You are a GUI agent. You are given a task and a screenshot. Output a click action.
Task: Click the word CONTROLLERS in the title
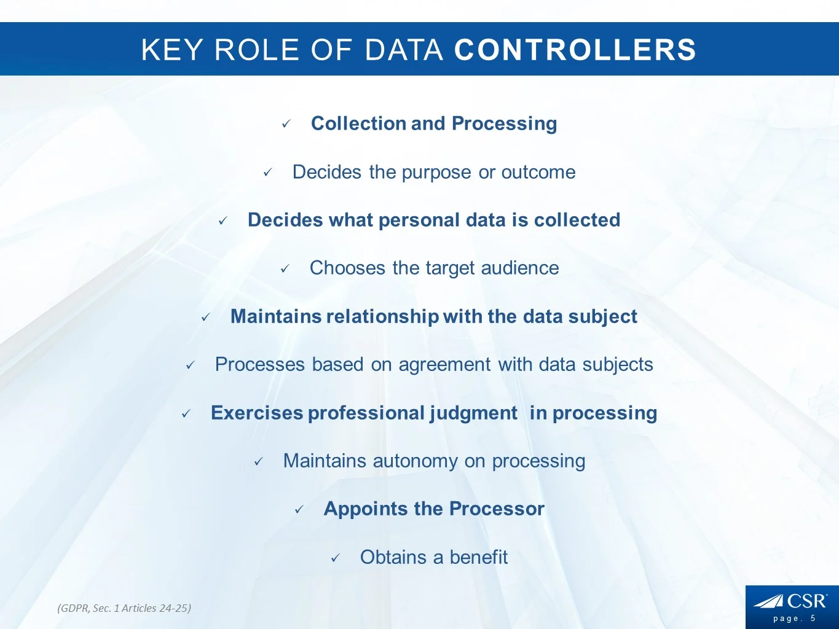(x=575, y=50)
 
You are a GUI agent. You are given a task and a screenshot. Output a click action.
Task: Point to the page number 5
(x=813, y=619)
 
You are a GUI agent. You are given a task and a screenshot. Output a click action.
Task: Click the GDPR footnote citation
(x=124, y=608)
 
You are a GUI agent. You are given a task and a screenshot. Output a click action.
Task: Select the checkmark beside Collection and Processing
(x=286, y=124)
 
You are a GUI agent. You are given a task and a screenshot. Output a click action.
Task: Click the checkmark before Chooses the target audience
(x=285, y=269)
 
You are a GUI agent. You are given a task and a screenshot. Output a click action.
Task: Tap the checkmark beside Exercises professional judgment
(x=186, y=414)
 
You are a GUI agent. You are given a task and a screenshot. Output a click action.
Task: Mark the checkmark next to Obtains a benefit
(x=335, y=558)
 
